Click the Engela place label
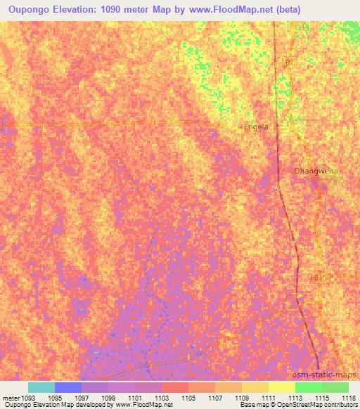click(255, 127)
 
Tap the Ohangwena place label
click(316, 171)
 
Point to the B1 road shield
click(289, 63)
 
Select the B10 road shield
click(321, 278)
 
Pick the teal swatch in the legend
click(41, 387)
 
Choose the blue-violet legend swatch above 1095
click(68, 387)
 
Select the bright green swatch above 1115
click(308, 387)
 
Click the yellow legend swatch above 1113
click(281, 387)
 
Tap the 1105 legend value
click(188, 398)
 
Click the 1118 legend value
click(348, 398)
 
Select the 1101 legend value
click(135, 398)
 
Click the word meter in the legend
click(10, 398)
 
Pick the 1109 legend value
click(242, 398)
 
